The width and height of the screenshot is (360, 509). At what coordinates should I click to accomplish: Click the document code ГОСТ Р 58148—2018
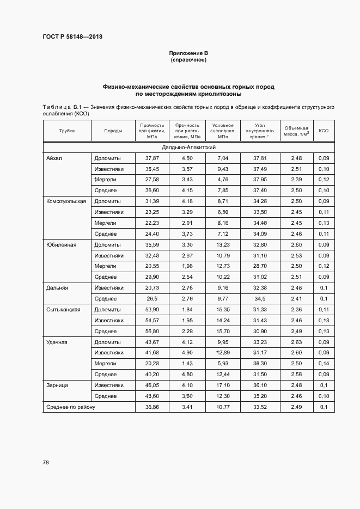(72, 37)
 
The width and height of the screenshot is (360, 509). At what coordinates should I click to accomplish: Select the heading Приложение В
(188, 53)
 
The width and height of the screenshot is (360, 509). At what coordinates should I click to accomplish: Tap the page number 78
(46, 462)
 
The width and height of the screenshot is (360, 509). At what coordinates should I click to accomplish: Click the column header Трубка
(66, 131)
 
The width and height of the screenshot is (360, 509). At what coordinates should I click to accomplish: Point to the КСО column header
(324, 131)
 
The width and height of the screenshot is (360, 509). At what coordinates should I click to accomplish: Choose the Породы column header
(113, 131)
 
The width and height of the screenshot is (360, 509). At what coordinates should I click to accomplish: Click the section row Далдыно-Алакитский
(188, 148)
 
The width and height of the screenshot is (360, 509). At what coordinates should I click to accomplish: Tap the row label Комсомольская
(66, 201)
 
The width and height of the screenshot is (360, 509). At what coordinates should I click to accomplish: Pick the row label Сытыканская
(64, 309)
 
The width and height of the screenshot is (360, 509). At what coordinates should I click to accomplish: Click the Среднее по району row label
(71, 407)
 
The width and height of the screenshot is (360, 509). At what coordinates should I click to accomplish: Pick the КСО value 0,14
(324, 363)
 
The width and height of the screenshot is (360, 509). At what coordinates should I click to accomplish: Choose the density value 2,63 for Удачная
(296, 342)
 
